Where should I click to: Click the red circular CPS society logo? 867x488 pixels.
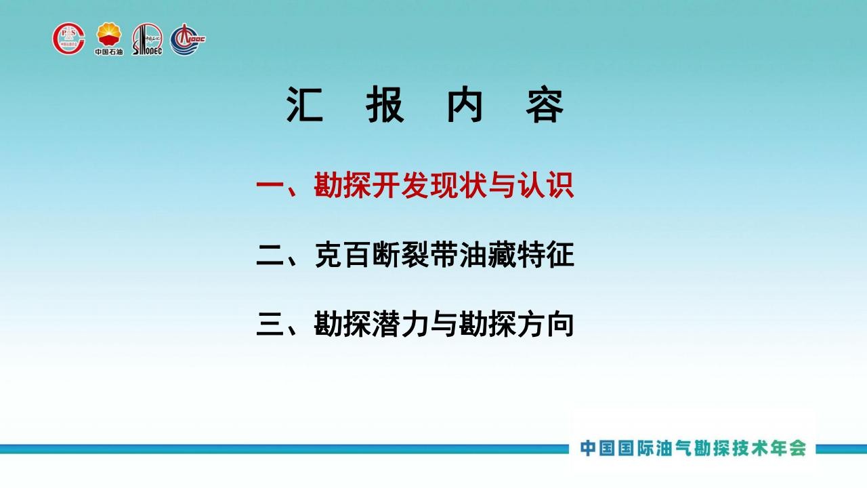coord(69,39)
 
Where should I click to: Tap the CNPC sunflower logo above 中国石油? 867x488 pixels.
coord(109,35)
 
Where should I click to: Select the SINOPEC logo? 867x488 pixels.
coord(148,39)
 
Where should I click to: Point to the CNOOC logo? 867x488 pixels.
coord(188,39)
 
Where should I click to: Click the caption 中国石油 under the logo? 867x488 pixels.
coord(109,52)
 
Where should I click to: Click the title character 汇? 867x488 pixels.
coord(305,105)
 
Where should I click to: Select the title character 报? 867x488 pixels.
coord(385,105)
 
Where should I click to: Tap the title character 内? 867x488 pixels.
coord(465,105)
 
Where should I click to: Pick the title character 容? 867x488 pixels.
coord(545,105)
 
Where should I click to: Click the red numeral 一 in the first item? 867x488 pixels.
coord(270,186)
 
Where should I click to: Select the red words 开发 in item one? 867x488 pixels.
coord(400,186)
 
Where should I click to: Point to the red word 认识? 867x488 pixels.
coord(546,186)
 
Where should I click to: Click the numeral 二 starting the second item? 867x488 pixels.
coord(270,255)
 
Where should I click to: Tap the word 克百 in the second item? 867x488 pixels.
coord(343,255)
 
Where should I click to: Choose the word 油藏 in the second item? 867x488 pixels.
coord(488,255)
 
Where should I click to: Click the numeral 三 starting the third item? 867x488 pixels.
coord(270,324)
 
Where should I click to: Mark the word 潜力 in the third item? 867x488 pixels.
coord(400,324)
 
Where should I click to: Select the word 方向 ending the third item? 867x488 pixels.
coord(546,324)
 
